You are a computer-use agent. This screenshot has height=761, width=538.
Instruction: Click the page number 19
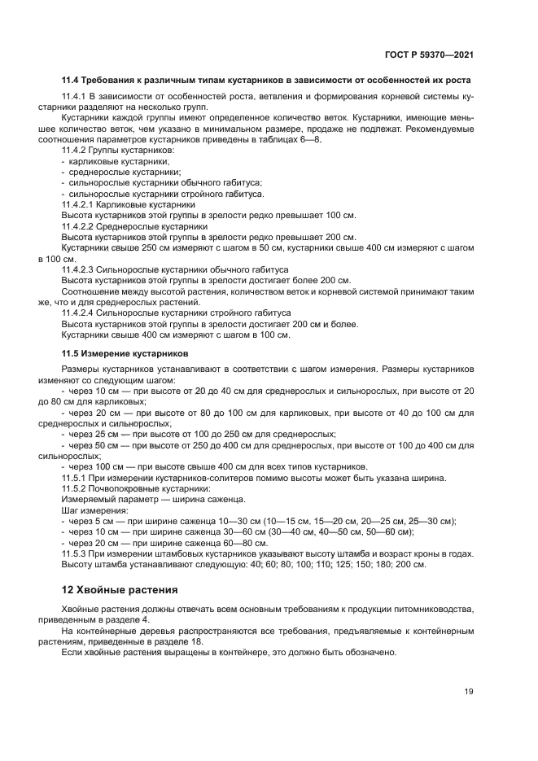coord(469,691)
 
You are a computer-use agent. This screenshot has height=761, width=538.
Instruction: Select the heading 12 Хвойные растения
coord(120,588)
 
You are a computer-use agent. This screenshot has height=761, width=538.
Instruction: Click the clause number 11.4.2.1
coord(79,204)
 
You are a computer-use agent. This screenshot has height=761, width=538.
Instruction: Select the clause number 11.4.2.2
coord(79,225)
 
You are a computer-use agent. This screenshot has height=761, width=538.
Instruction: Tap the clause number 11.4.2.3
coord(79,269)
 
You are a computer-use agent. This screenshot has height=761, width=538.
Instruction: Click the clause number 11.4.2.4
coord(79,312)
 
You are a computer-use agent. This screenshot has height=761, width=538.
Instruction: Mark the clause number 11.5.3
coord(74,553)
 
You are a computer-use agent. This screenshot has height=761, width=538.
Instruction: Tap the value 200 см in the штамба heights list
coord(413,564)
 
